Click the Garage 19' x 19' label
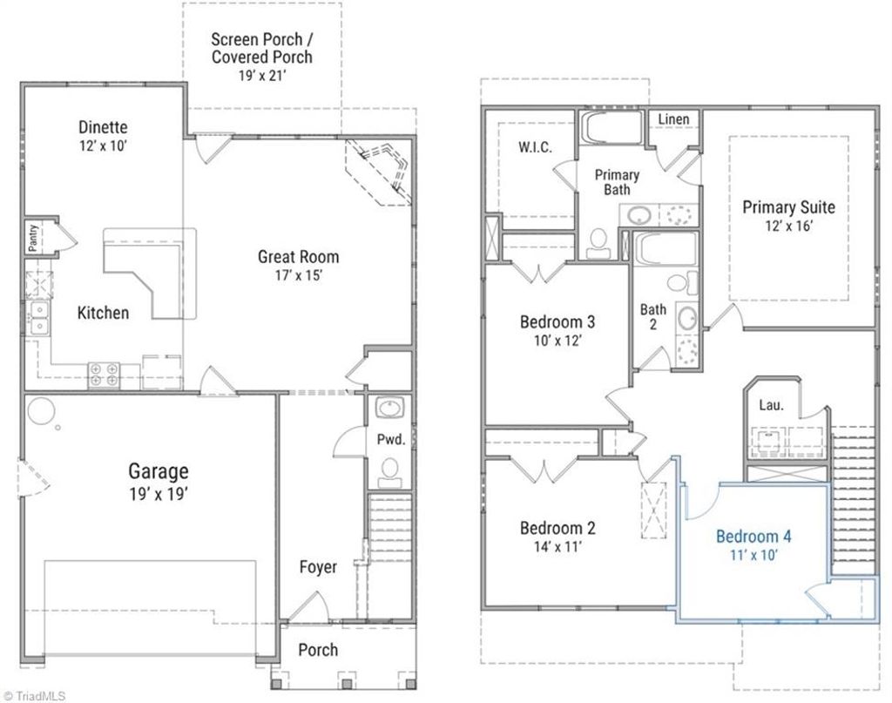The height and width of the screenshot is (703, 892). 159,481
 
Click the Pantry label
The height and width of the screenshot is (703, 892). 33,237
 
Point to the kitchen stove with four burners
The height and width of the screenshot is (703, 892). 104,375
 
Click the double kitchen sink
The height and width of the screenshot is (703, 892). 38,318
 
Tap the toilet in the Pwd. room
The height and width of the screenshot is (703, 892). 389,471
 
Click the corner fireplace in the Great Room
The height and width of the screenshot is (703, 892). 381,170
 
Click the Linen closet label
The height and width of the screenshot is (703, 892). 673,119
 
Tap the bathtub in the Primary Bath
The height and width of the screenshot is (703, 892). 612,127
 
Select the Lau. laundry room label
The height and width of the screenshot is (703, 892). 769,405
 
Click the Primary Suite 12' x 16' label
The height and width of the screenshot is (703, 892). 788,215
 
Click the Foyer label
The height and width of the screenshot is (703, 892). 318,567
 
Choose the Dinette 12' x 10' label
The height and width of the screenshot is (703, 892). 103,135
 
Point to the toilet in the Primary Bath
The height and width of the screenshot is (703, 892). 598,243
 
